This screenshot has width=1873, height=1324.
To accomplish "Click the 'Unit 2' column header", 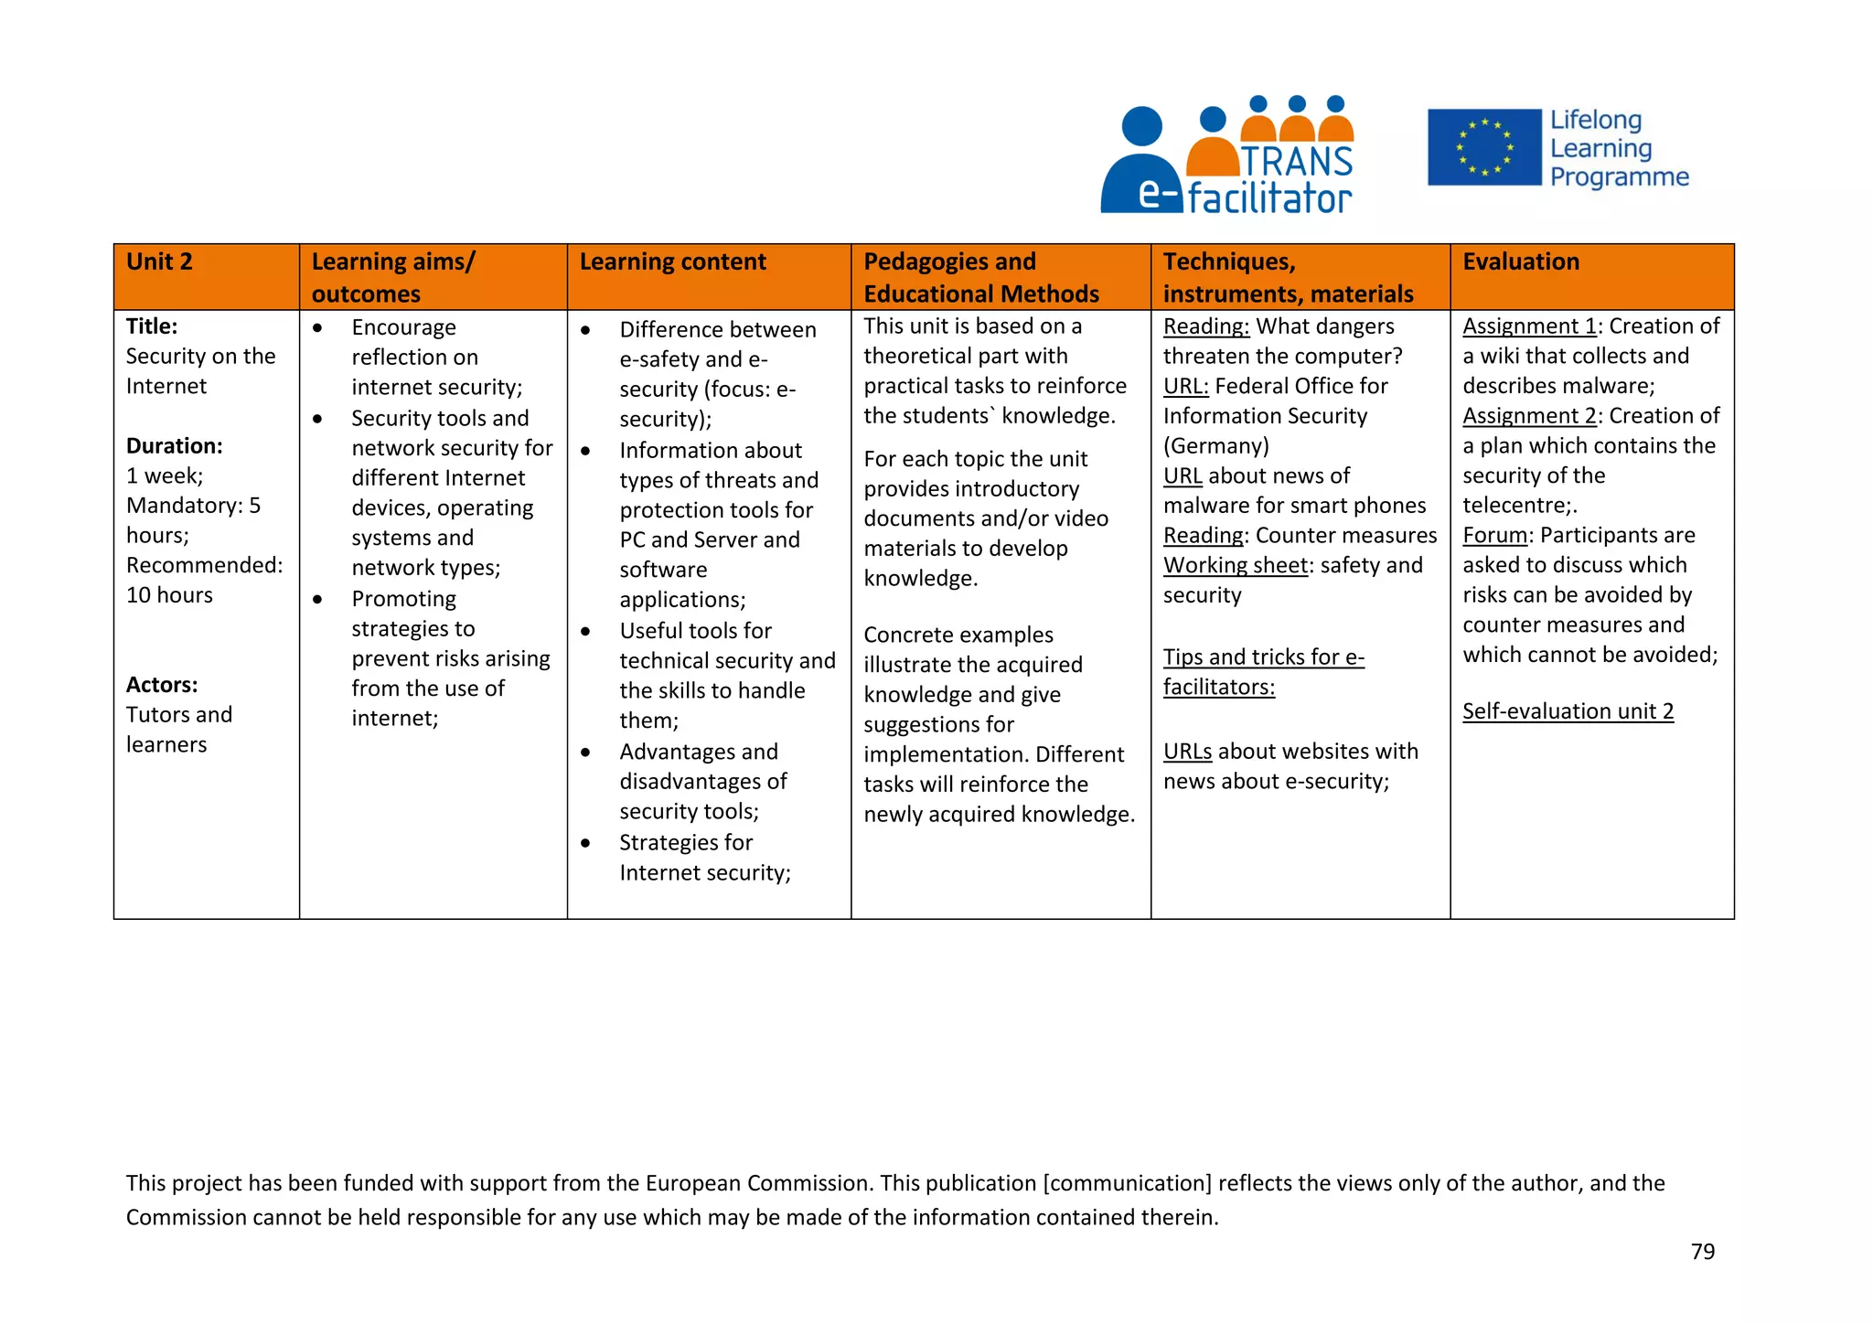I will [x=159, y=262].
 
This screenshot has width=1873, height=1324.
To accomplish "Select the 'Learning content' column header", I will [x=672, y=262].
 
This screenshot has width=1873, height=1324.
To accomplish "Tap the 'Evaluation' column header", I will [x=1520, y=262].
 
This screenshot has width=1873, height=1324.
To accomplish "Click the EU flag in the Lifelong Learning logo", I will [x=1483, y=147].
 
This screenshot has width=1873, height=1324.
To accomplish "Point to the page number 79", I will [x=1702, y=1252].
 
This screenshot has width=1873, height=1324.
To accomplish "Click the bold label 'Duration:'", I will [x=174, y=446].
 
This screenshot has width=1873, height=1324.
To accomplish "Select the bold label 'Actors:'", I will [x=162, y=685].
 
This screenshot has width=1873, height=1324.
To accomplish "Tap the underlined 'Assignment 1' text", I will [x=1528, y=326].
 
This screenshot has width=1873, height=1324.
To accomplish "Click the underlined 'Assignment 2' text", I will [x=1528, y=416].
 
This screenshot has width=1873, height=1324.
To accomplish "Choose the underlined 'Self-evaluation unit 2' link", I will [x=1568, y=711].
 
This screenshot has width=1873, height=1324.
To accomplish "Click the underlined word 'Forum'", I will [x=1494, y=536].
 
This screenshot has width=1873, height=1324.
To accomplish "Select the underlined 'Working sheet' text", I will [x=1235, y=566].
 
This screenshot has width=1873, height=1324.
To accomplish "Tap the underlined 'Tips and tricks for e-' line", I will [x=1263, y=657].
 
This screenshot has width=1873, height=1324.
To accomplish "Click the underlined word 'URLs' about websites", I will [x=1187, y=752].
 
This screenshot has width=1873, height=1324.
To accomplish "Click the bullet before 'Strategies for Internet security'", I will [x=585, y=843].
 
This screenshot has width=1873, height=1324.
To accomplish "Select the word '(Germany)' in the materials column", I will [x=1215, y=446].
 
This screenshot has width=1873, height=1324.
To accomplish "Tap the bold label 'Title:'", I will [x=152, y=326].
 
